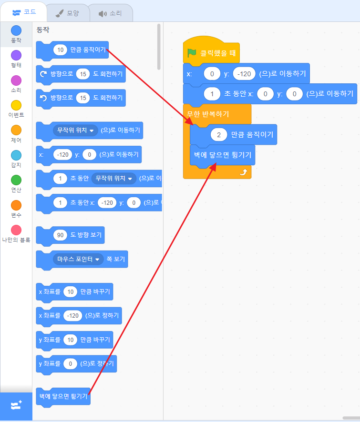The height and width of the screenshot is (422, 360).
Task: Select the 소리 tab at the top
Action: [110, 13]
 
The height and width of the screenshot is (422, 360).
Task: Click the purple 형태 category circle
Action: [16, 55]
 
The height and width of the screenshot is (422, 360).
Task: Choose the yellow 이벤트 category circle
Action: [16, 105]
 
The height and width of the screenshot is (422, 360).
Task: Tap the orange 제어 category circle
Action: [16, 130]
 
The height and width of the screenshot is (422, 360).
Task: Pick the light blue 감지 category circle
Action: [16, 155]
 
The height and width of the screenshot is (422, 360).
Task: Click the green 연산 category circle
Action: [16, 180]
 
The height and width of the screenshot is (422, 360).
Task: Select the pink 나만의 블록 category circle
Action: [16, 230]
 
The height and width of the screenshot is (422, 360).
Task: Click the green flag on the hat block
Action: [192, 53]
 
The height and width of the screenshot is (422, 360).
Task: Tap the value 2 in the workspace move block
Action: [219, 135]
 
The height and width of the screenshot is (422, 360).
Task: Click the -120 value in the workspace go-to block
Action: [245, 74]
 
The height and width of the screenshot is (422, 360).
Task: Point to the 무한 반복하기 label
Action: [208, 114]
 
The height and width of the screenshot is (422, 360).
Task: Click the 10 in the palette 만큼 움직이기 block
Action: [61, 50]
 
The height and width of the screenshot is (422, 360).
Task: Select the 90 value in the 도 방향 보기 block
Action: [61, 235]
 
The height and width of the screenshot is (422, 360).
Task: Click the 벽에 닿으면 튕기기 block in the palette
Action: [63, 396]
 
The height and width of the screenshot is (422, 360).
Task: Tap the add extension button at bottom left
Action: [16, 406]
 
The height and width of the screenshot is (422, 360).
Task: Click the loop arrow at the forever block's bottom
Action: [243, 172]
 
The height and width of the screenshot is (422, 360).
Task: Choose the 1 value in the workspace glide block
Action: [212, 94]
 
